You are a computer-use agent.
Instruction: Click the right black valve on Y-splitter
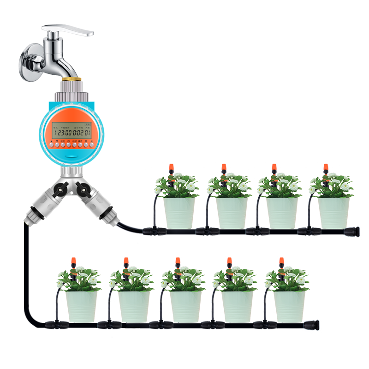[x=83, y=188]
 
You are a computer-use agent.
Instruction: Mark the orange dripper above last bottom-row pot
[x=281, y=261]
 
